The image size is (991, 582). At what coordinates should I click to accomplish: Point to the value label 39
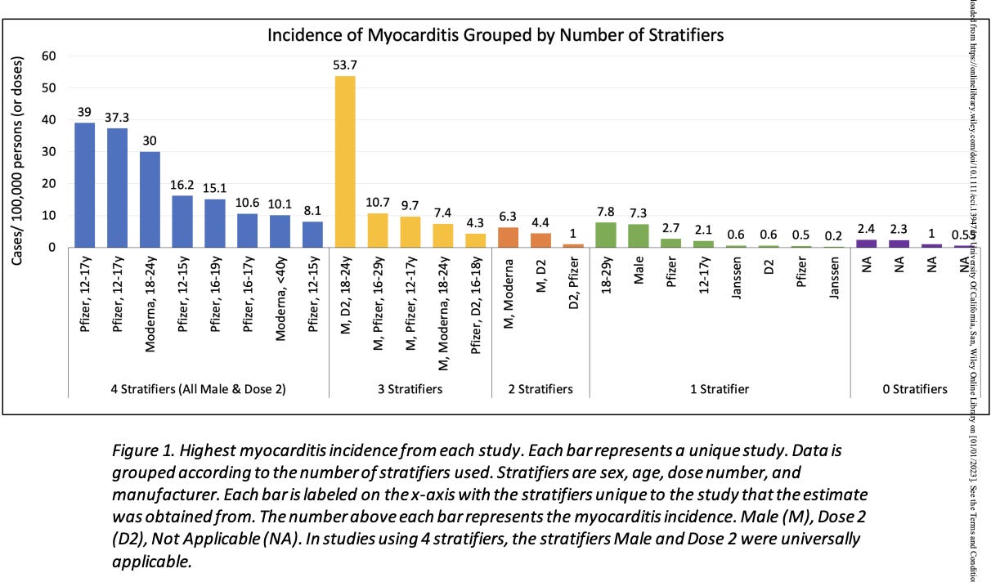84,112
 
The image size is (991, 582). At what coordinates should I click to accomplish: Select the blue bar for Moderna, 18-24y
149,199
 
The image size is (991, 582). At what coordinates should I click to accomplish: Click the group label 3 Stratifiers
409,389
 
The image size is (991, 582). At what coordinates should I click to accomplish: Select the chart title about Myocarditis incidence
495,35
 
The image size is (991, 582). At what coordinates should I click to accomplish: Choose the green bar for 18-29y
606,235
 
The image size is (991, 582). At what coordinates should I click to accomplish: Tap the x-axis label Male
639,280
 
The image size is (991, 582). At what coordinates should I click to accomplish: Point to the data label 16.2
182,186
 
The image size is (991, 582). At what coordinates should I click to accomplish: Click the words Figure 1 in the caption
143,450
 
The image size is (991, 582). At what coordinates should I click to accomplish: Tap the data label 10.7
378,203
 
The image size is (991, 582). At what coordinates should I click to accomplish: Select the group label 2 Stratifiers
540,389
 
